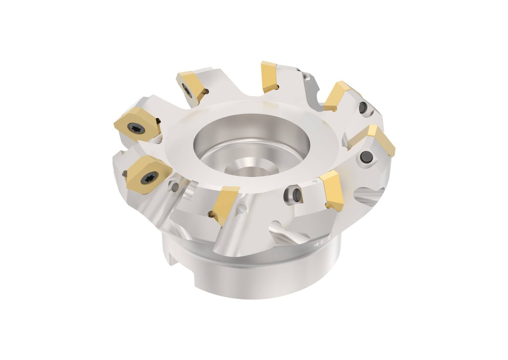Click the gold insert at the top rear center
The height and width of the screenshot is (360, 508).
pyautogui.click(x=269, y=76)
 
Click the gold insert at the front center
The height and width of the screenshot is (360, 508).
pyautogui.click(x=224, y=204)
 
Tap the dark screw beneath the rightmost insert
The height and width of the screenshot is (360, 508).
pyautogui.click(x=368, y=157)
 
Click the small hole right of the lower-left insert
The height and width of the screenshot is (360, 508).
pyautogui.click(x=174, y=186)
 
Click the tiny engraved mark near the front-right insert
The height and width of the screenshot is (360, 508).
pyautogui.click(x=314, y=183)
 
